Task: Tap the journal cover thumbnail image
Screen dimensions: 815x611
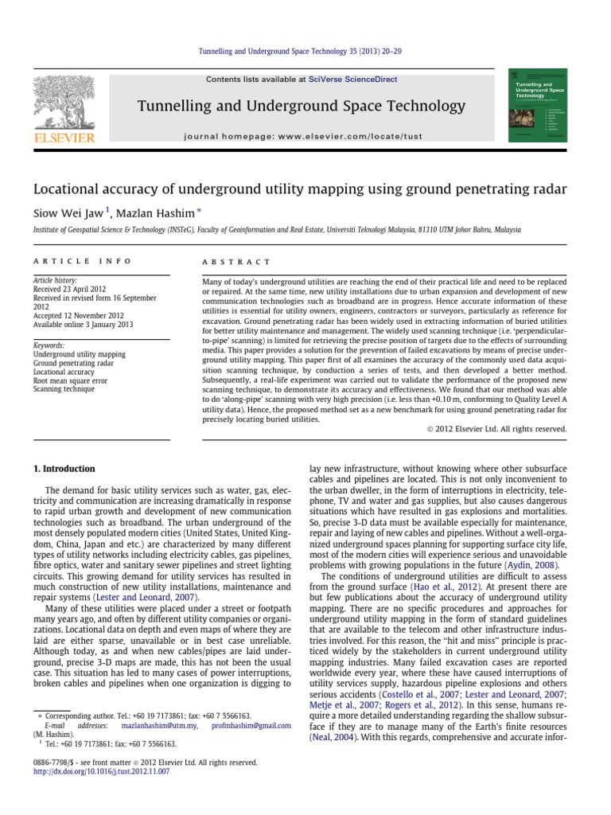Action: (x=542, y=107)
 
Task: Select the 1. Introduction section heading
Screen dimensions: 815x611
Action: (x=63, y=470)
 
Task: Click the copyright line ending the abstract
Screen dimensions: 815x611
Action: (x=492, y=429)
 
